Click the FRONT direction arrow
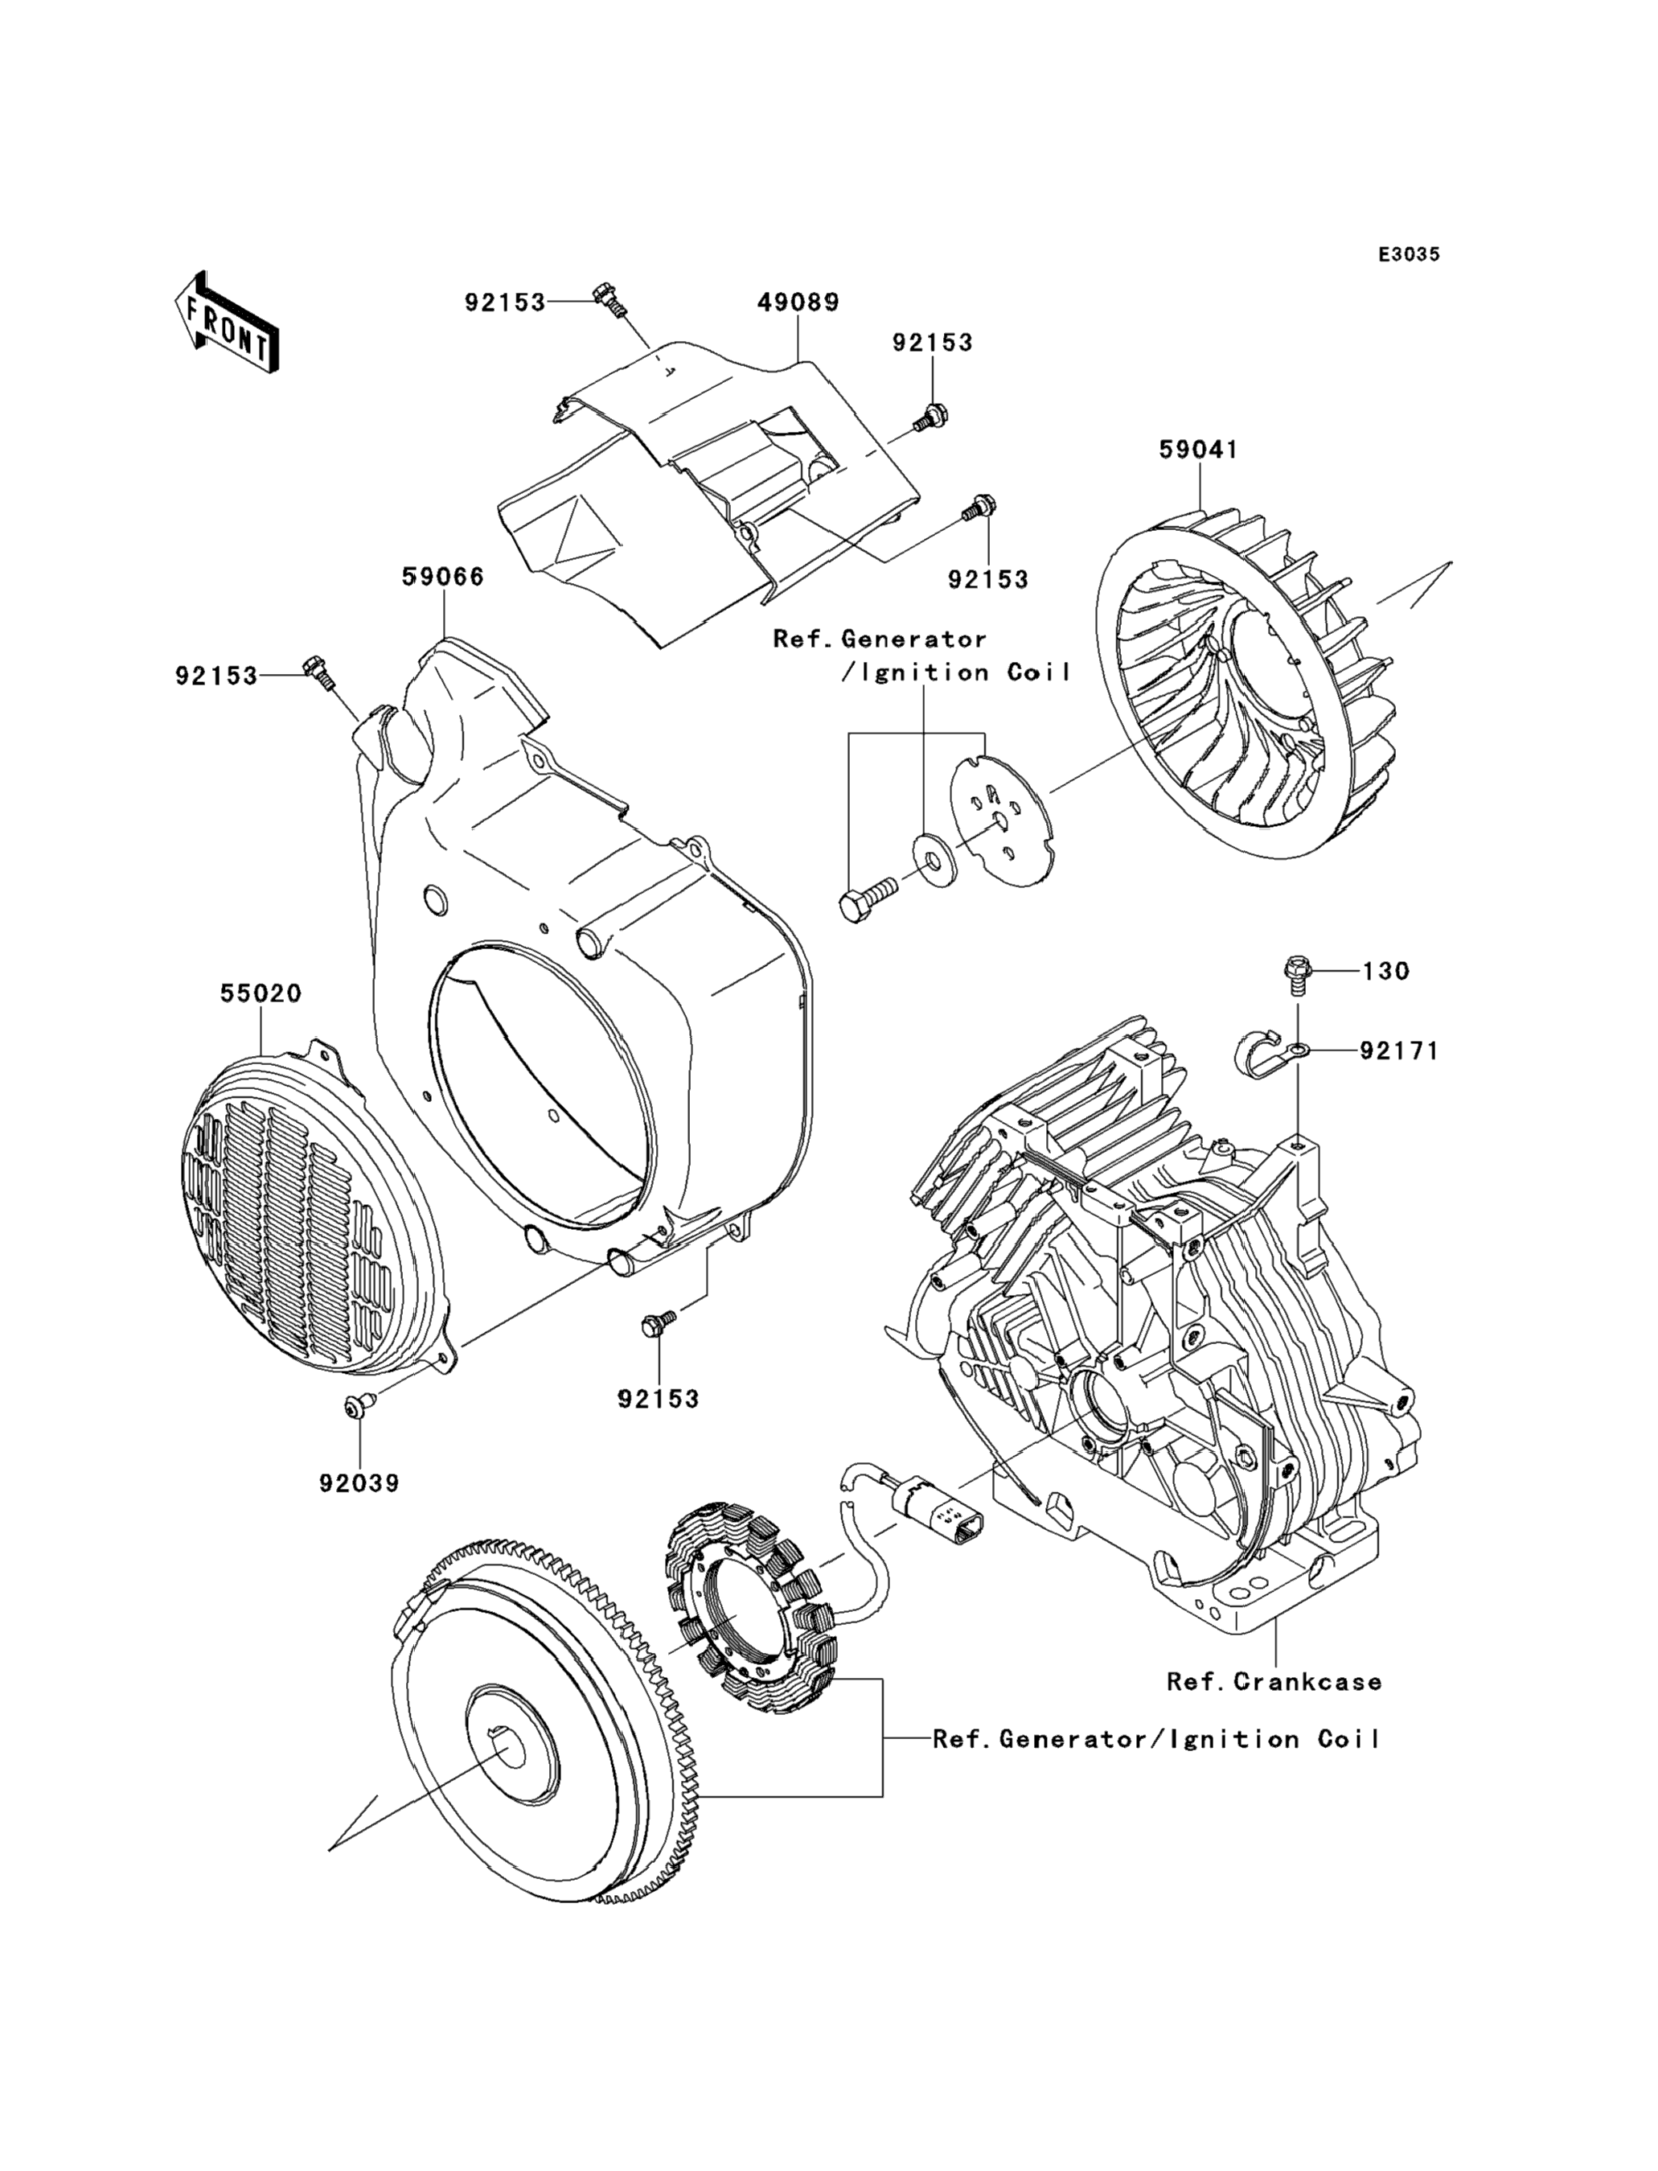click(225, 324)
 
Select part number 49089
click(798, 302)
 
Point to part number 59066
click(443, 577)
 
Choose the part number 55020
click(261, 993)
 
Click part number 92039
click(359, 1483)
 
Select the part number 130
click(1385, 972)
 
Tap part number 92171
click(1398, 1052)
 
